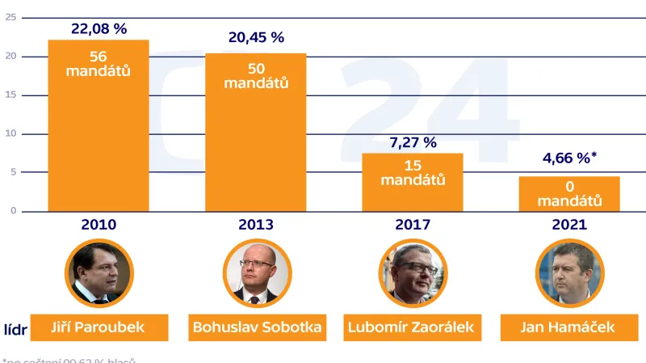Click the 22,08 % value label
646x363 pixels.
click(x=99, y=28)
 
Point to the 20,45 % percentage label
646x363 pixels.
click(x=256, y=38)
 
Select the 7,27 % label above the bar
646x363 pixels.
click(x=412, y=142)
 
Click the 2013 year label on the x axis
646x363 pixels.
click(x=256, y=224)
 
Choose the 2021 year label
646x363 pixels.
click(x=569, y=224)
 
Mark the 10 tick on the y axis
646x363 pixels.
click(x=10, y=133)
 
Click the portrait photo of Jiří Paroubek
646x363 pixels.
click(x=99, y=272)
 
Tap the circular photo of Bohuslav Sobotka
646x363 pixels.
click(x=256, y=272)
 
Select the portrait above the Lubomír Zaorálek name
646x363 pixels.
click(x=412, y=272)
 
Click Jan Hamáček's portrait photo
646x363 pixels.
click(x=569, y=272)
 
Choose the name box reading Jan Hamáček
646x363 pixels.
click(x=569, y=327)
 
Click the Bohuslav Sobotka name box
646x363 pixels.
click(x=256, y=327)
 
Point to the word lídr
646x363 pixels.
click(x=13, y=327)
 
